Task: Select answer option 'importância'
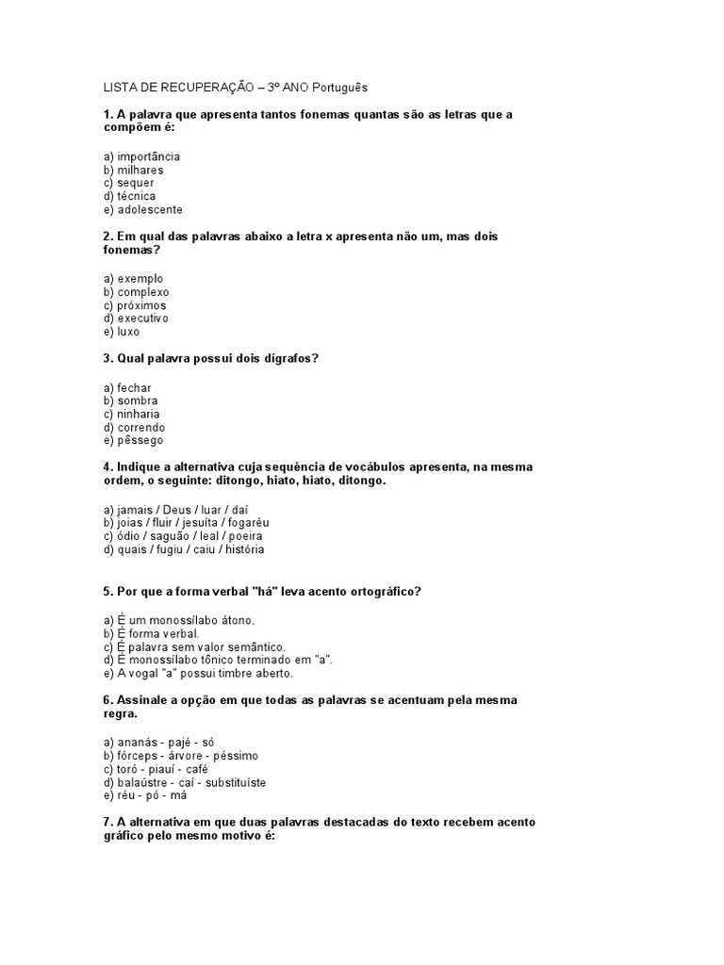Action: pos(148,156)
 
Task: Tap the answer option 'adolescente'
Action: pos(150,210)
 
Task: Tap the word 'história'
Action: pos(240,548)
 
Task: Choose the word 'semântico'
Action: pos(231,646)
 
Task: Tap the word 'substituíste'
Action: pos(235,782)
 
